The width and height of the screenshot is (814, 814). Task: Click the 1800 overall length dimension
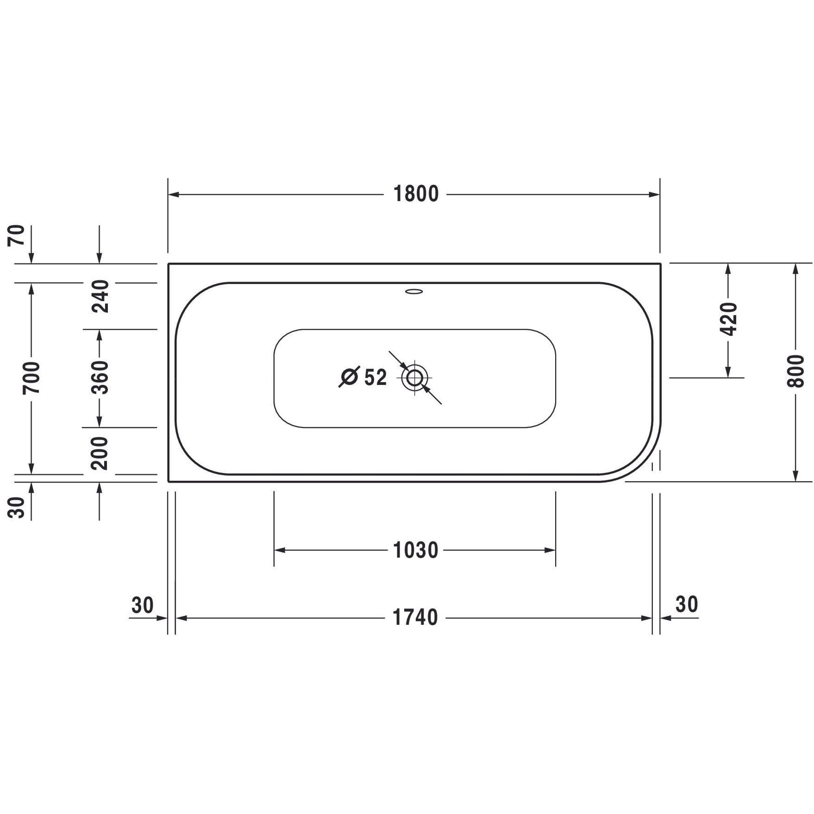point(416,194)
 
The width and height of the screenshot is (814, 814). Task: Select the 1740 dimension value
point(416,618)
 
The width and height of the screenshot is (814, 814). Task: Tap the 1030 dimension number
point(416,550)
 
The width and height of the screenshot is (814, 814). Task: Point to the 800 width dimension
point(795,372)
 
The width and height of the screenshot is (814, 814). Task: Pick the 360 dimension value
point(100,378)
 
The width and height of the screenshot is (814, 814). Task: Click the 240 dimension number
point(100,296)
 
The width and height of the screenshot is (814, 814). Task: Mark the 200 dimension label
point(100,453)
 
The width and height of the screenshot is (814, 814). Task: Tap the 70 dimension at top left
point(16,236)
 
